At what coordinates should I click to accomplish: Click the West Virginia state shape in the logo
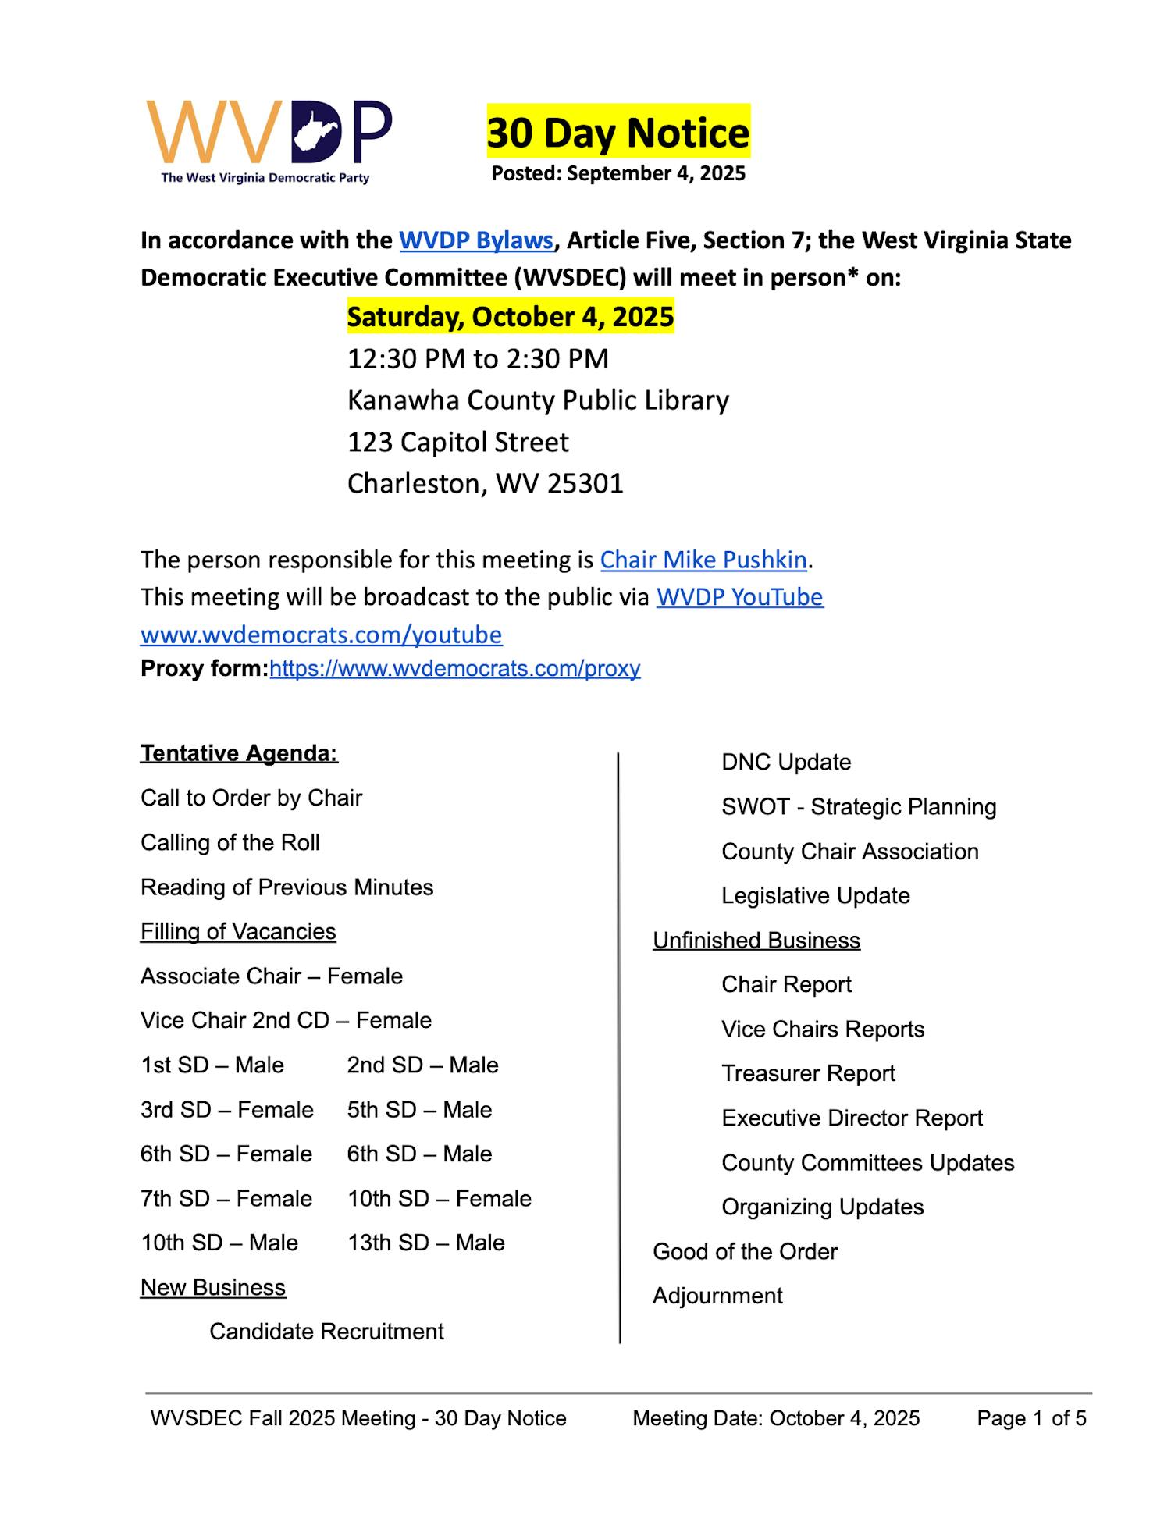(x=316, y=130)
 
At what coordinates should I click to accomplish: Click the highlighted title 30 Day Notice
(x=618, y=133)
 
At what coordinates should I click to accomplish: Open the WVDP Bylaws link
(x=476, y=240)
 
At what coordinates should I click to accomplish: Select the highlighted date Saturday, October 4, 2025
(x=510, y=317)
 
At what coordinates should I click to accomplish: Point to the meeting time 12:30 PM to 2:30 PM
(x=477, y=359)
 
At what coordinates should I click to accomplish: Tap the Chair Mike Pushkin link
(x=703, y=560)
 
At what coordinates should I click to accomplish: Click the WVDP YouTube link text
(x=739, y=597)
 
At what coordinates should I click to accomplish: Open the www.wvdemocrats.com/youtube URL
(x=321, y=635)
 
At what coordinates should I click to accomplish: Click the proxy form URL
(x=454, y=669)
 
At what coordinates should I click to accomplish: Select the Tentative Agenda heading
(x=239, y=753)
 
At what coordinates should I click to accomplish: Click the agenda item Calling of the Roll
(x=230, y=843)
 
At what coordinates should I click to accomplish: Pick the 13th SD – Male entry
(x=425, y=1243)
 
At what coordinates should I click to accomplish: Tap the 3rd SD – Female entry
(x=226, y=1110)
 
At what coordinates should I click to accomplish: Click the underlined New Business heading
(x=213, y=1287)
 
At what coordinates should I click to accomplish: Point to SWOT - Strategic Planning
(x=859, y=807)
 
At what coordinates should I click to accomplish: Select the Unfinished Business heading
(x=756, y=941)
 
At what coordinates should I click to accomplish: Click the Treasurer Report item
(x=808, y=1074)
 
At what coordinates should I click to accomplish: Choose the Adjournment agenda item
(x=717, y=1296)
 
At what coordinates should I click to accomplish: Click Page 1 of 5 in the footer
(x=1031, y=1418)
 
